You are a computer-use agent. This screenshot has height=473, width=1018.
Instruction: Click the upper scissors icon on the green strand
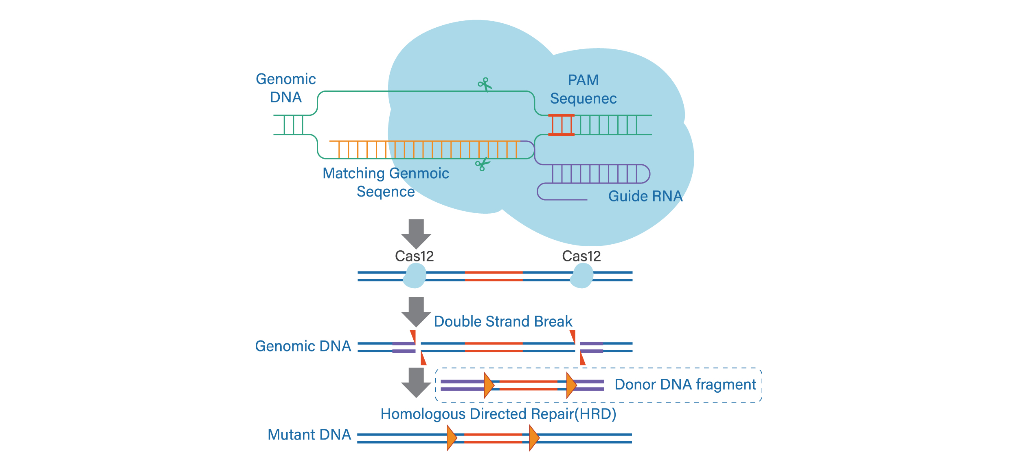485,85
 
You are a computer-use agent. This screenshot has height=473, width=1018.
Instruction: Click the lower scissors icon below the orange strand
483,164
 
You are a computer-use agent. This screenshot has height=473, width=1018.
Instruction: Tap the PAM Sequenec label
583,89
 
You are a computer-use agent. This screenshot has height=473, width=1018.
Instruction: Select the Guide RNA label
645,196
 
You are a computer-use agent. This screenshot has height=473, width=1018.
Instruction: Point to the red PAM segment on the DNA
561,125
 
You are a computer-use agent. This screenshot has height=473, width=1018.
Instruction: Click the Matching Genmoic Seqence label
386,182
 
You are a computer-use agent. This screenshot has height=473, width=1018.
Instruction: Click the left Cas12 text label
414,256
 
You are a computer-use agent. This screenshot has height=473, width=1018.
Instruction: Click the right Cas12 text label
581,256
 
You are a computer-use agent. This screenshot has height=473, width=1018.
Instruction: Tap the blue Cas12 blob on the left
415,276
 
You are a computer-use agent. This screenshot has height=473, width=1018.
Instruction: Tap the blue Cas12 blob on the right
582,276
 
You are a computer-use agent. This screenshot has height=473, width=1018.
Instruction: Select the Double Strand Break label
503,321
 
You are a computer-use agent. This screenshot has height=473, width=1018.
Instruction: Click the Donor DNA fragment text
685,385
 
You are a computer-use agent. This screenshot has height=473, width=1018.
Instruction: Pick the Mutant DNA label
309,435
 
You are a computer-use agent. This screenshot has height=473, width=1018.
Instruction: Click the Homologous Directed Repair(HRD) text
498,414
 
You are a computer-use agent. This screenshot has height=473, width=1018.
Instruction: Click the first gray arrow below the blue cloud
416,233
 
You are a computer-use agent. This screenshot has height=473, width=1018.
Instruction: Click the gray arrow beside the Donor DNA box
416,382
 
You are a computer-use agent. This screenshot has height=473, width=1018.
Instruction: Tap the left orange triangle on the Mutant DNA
451,438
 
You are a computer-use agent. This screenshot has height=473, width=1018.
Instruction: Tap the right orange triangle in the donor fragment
571,385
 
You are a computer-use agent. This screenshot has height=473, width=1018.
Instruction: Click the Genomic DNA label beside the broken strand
303,346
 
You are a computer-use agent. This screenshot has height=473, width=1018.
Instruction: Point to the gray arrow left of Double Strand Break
416,311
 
